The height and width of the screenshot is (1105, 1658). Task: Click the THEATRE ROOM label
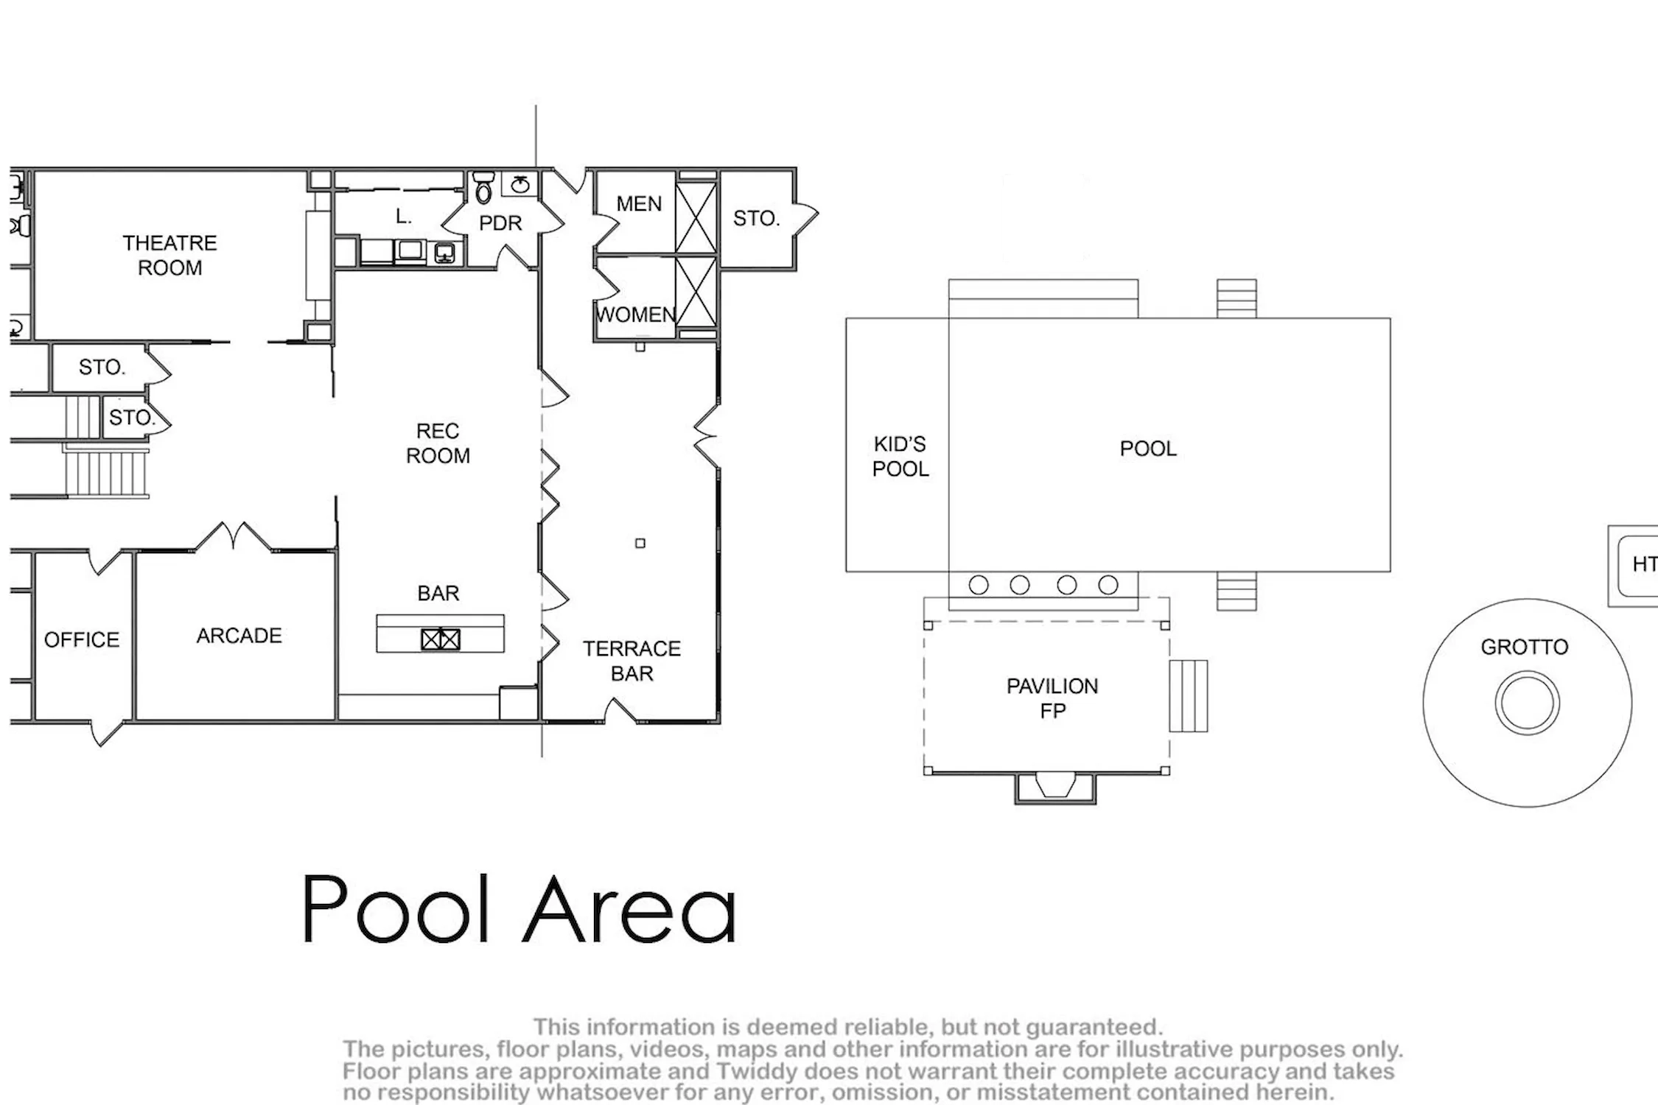click(169, 255)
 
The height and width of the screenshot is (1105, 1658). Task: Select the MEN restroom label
click(639, 204)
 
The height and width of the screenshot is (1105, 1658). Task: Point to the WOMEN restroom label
click(636, 315)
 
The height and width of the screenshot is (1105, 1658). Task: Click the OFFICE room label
click(82, 639)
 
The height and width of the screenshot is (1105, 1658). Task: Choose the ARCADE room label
click(239, 636)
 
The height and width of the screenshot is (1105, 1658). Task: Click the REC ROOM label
click(438, 443)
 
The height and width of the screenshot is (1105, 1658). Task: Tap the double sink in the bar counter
click(441, 639)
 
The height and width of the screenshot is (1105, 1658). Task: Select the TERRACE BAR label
click(632, 661)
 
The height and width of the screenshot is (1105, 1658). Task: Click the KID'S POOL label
click(900, 457)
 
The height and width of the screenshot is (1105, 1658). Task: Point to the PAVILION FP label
click(1052, 698)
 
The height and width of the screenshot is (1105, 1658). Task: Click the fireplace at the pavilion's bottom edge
click(1055, 787)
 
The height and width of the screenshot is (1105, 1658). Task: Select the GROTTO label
click(1525, 647)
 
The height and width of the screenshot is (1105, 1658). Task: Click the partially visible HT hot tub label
click(1645, 564)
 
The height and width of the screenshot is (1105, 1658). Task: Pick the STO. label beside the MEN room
click(756, 218)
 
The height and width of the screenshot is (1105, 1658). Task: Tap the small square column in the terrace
click(640, 544)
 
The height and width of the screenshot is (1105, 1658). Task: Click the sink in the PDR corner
click(520, 183)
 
